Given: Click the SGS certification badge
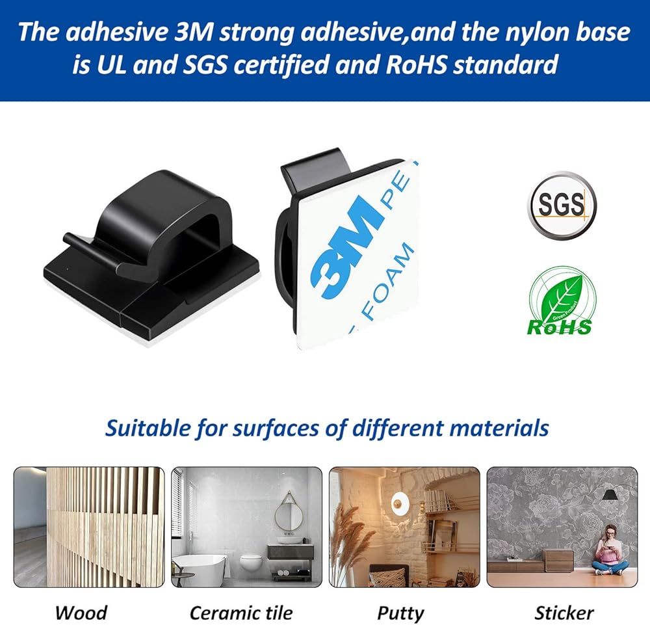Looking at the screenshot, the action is pyautogui.click(x=562, y=206).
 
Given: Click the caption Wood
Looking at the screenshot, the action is pyautogui.click(x=81, y=613).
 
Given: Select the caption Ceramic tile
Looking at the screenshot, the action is pyautogui.click(x=241, y=613).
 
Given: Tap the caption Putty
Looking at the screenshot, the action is pyautogui.click(x=400, y=613).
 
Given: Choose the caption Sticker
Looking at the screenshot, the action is pyautogui.click(x=564, y=613).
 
